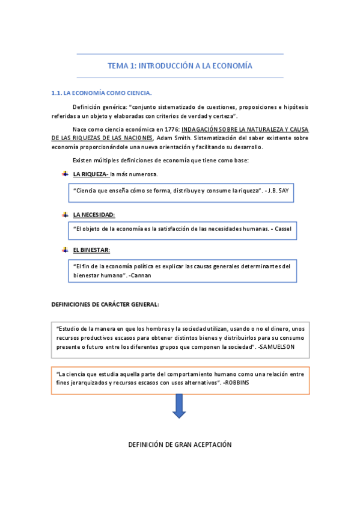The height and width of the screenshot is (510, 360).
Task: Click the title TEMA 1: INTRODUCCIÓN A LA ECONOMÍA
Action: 180,66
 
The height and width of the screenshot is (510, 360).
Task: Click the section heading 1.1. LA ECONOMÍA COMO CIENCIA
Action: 102,93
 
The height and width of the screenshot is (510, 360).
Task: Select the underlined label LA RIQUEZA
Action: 90,174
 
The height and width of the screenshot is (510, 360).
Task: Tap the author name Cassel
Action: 281,229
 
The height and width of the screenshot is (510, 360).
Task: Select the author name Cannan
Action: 140,275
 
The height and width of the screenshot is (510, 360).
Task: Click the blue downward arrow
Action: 179,406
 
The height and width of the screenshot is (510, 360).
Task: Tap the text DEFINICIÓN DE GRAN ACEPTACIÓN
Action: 180,444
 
